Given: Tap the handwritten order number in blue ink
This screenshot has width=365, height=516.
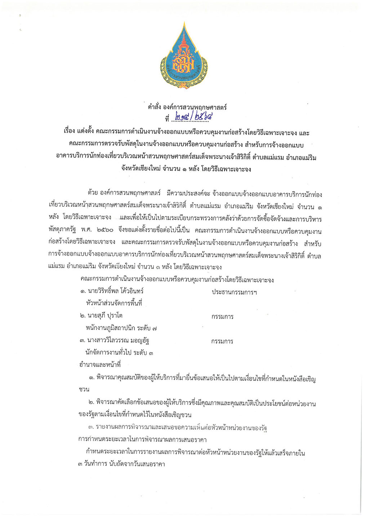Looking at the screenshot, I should (x=193, y=117).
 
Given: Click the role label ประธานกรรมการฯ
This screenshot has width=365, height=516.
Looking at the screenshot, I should (x=234, y=292).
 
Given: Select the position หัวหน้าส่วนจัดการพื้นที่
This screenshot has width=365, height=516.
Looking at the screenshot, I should (x=114, y=303).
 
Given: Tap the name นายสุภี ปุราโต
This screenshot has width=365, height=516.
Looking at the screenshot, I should (x=104, y=315).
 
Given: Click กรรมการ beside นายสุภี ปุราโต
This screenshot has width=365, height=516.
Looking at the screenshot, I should (x=222, y=317).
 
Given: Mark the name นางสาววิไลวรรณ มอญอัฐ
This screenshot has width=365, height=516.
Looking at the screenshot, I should (x=118, y=340).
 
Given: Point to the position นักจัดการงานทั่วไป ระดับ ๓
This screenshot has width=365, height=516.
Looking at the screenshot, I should (x=119, y=353).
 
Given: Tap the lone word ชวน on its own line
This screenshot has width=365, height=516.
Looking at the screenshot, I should (x=84, y=389).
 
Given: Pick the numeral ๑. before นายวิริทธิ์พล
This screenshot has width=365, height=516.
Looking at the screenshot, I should (x=83, y=291).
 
